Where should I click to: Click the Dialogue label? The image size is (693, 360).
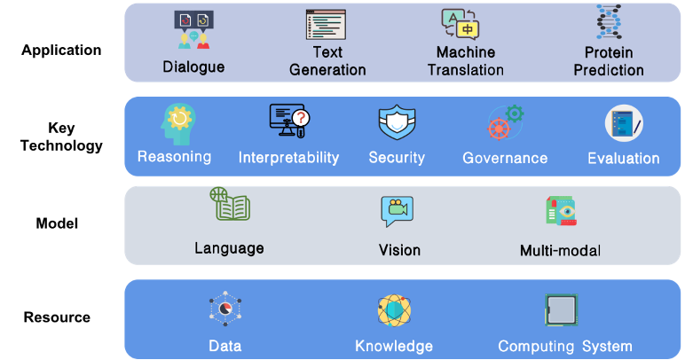click(193, 67)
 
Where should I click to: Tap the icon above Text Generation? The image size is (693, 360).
click(327, 24)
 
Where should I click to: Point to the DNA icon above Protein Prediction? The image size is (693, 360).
click(608, 25)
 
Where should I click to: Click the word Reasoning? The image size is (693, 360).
click(174, 157)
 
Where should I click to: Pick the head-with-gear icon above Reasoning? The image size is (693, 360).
click(177, 124)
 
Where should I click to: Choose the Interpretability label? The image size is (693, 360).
click(288, 158)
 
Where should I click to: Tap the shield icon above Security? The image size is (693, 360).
click(397, 123)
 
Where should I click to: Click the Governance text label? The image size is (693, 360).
click(505, 159)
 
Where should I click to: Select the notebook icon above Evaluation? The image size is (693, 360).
click(624, 124)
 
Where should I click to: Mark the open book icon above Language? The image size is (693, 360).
click(230, 205)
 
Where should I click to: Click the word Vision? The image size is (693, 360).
click(399, 250)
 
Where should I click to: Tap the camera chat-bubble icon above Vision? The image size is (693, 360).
click(397, 211)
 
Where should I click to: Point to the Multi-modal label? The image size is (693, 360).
click(560, 250)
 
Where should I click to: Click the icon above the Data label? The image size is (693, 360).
click(225, 309)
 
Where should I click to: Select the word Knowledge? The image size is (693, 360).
click(394, 346)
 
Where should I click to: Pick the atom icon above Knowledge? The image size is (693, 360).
click(394, 309)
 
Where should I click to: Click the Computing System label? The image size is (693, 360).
click(564, 346)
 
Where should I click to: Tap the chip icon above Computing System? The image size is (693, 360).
click(561, 310)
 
